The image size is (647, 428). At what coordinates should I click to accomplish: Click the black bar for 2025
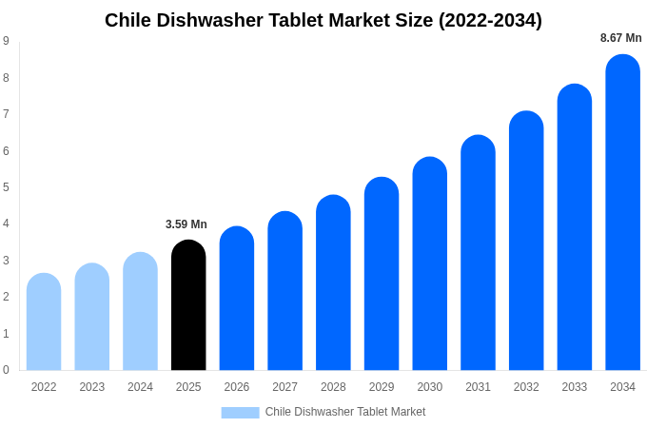pos(188,305)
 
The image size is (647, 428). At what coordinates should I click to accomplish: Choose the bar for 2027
pos(284,291)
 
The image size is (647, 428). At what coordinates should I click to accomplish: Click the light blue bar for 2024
pos(140,311)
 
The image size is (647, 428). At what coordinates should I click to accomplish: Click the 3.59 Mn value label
pos(186,224)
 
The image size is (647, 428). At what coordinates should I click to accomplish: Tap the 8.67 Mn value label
pos(620,38)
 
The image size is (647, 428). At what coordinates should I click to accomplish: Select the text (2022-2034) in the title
pos(490,20)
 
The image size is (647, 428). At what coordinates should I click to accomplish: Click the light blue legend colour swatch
pos(240,412)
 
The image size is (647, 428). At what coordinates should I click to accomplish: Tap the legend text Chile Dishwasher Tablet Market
pos(345,412)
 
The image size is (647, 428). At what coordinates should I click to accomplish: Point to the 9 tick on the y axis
pos(6,41)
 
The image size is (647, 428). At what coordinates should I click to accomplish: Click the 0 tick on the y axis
pos(6,370)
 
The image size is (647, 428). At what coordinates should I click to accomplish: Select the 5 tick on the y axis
pos(6,187)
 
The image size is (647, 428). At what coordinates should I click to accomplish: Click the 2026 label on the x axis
pos(237,387)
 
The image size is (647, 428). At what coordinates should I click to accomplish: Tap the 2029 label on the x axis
pos(382,387)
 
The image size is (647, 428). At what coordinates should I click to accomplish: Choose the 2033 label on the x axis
pos(574,387)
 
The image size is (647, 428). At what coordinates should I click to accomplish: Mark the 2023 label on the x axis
pos(92,387)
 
